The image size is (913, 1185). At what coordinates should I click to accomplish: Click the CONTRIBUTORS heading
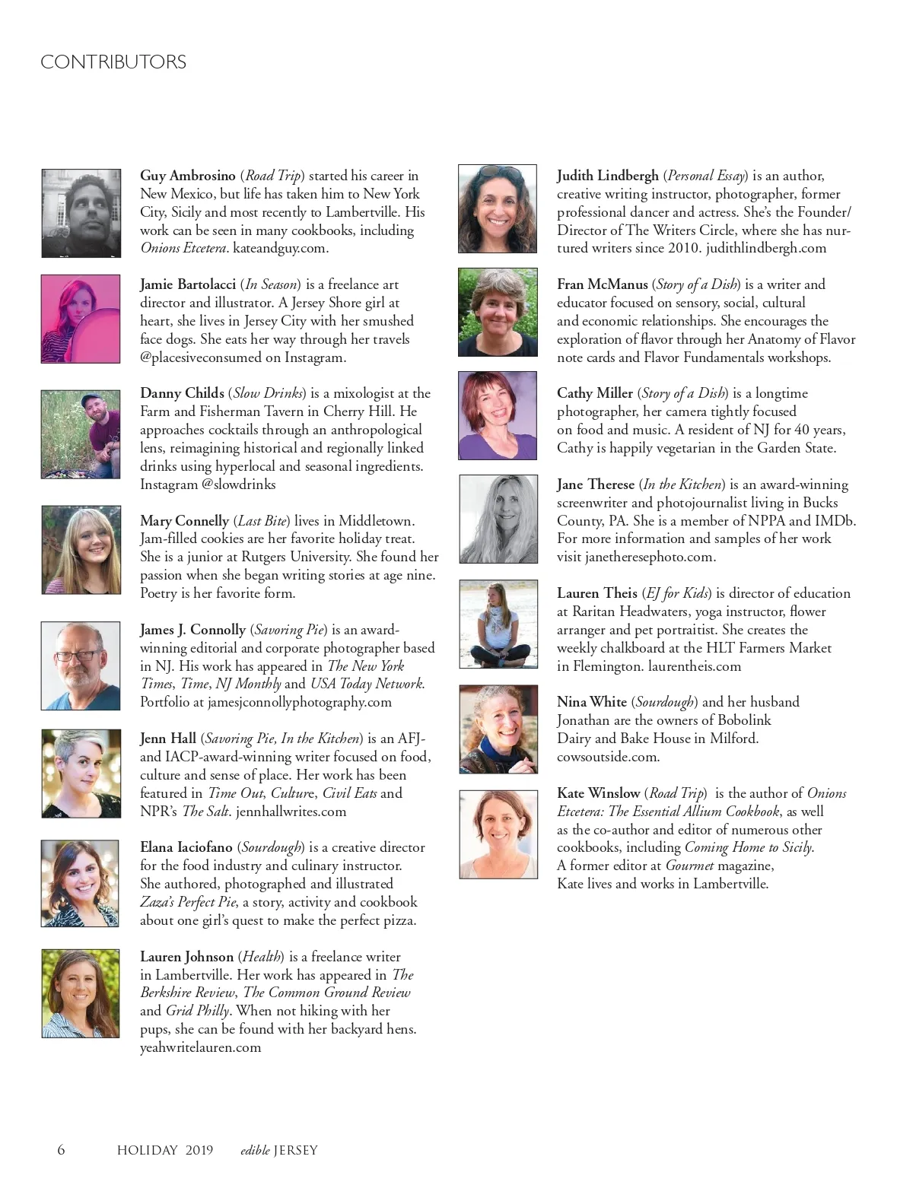[113, 62]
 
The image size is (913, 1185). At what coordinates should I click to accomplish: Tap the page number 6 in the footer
[61, 1149]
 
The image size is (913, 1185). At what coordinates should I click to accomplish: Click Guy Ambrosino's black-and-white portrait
[81, 213]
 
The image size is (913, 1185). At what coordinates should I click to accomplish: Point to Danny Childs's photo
[81, 434]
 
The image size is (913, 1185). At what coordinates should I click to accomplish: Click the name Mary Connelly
[184, 521]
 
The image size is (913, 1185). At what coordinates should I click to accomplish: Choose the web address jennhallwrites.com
[291, 812]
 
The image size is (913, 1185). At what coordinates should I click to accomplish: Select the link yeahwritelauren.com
[200, 1047]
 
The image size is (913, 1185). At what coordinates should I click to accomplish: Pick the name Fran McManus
[602, 284]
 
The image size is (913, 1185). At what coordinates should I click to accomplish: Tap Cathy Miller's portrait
[498, 415]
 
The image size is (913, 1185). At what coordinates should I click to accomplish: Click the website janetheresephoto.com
[650, 557]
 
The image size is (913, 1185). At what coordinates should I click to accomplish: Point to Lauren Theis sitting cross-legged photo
[498, 624]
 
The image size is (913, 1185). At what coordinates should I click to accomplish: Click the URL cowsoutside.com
[608, 757]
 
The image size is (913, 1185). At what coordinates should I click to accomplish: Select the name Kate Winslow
[598, 793]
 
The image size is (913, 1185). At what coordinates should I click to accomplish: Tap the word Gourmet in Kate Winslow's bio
[689, 866]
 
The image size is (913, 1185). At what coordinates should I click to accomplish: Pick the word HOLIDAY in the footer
[147, 1150]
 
